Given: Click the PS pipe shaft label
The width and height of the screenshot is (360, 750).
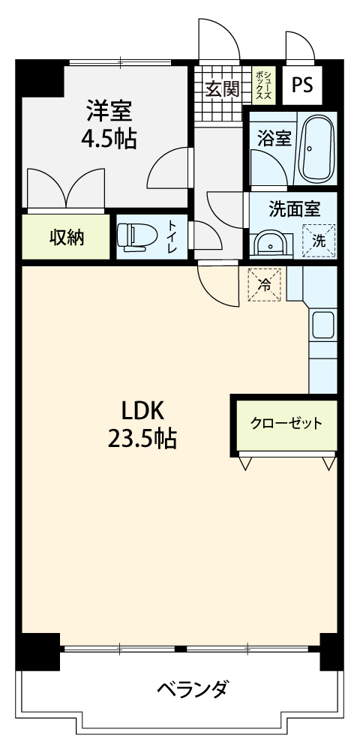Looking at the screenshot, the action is (x=302, y=85).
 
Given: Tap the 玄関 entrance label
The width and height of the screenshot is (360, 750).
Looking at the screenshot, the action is (x=222, y=89).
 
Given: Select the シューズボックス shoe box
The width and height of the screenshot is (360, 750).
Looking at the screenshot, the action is (x=263, y=85).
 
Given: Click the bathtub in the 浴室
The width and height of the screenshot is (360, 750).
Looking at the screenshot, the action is (x=316, y=149).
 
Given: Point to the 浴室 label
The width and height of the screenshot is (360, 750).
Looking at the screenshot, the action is (x=274, y=139).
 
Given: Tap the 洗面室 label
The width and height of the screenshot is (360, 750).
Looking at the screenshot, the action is (x=294, y=208).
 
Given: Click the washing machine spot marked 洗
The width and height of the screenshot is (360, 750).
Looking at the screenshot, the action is (x=319, y=241).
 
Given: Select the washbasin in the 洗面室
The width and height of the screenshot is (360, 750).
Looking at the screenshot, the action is (x=270, y=244).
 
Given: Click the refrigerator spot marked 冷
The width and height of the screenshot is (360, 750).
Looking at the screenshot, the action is (x=264, y=284).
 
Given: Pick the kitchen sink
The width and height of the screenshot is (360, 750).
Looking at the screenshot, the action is (x=323, y=325).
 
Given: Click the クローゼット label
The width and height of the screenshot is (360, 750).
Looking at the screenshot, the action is (x=286, y=424).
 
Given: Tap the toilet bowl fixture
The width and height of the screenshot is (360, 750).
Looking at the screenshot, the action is (x=134, y=237).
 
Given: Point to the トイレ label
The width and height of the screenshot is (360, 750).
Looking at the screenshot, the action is (x=172, y=237).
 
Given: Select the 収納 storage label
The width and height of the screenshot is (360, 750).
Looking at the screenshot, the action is (x=67, y=237).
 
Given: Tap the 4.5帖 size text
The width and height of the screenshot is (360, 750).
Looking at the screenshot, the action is (x=109, y=139).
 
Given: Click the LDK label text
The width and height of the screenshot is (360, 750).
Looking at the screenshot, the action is (x=142, y=411).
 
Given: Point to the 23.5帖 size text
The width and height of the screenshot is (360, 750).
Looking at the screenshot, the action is (x=142, y=438).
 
